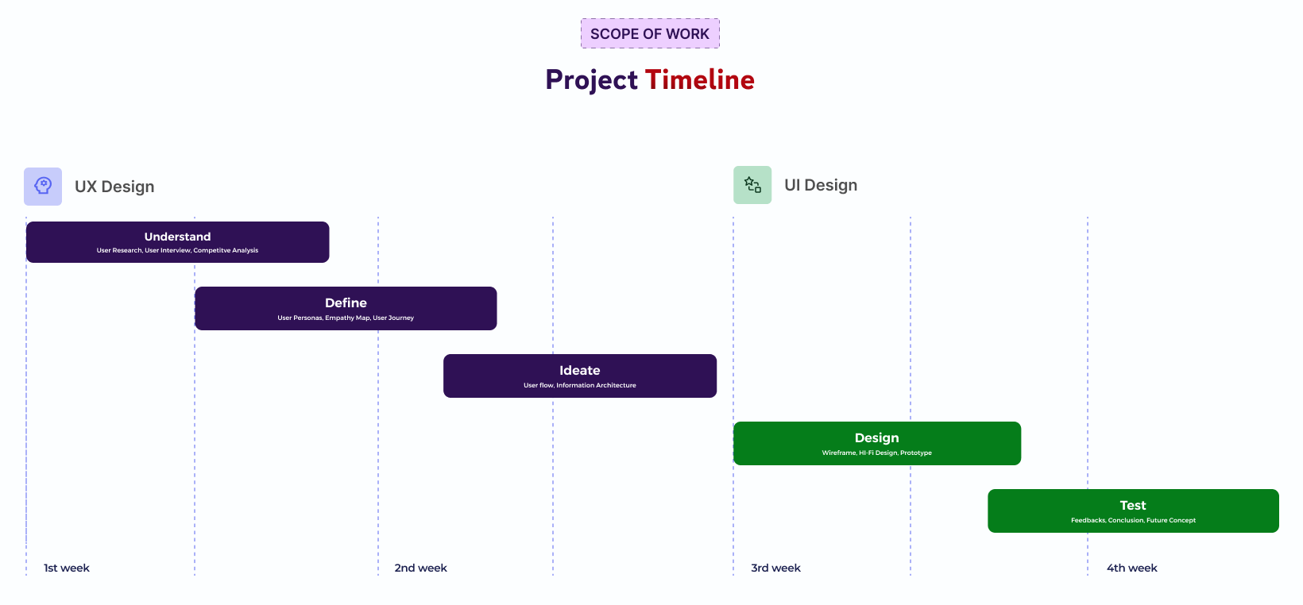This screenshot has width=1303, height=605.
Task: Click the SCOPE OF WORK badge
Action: click(650, 33)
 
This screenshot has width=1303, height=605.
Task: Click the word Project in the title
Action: click(591, 80)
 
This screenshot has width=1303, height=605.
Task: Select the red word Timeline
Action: click(700, 79)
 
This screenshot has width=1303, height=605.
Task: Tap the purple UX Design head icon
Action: click(43, 186)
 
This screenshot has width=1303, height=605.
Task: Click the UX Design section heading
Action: click(114, 187)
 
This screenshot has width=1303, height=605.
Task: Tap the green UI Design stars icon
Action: click(752, 185)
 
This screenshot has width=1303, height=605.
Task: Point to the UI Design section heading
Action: click(821, 185)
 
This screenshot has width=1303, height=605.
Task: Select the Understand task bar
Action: click(177, 242)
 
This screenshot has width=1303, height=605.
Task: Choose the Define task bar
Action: click(346, 308)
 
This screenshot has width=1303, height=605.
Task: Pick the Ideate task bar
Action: click(580, 376)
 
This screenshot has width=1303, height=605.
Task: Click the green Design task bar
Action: click(876, 443)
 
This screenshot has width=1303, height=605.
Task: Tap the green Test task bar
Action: click(1133, 511)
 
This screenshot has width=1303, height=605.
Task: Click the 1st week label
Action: click(66, 568)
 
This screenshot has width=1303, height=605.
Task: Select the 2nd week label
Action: click(420, 568)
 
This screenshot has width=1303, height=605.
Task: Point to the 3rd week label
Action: click(775, 568)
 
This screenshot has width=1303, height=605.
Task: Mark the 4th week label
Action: click(1131, 568)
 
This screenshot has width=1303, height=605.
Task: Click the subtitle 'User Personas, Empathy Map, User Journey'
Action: click(346, 318)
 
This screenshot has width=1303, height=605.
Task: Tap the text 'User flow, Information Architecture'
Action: click(580, 385)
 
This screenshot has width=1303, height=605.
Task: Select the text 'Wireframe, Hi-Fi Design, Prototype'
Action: click(876, 453)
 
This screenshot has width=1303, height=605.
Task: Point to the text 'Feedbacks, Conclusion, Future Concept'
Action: click(1133, 520)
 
